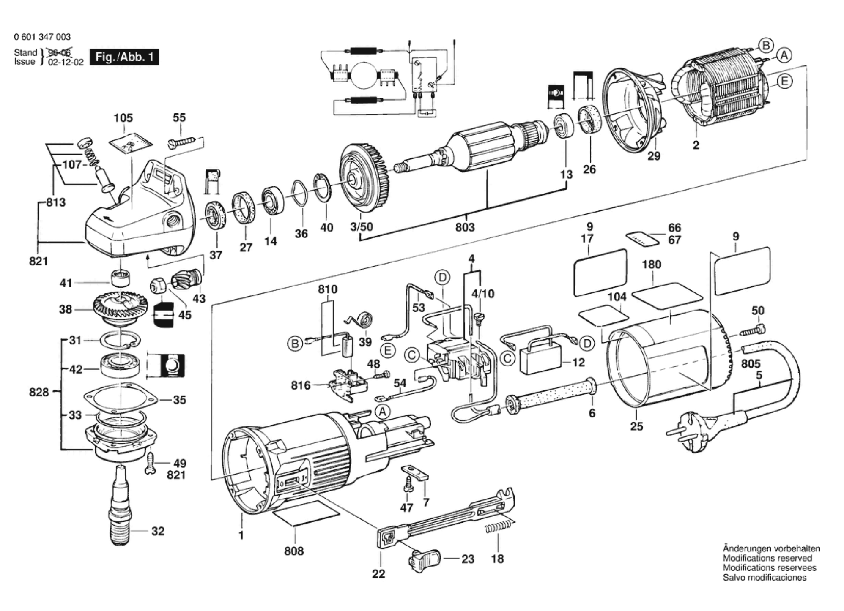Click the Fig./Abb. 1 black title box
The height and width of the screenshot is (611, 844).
click(124, 57)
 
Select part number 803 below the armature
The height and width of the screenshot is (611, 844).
click(465, 227)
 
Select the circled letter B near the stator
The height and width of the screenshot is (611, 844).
click(765, 45)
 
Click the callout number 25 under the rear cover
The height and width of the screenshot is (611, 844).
click(636, 426)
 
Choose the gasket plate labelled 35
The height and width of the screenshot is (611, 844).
click(121, 398)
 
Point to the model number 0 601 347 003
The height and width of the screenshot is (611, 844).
click(42, 37)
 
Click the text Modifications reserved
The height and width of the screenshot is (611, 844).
click(767, 558)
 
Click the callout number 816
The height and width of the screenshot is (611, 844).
click(301, 385)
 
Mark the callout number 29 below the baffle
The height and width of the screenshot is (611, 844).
click(654, 156)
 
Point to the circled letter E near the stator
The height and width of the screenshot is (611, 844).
click(784, 81)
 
